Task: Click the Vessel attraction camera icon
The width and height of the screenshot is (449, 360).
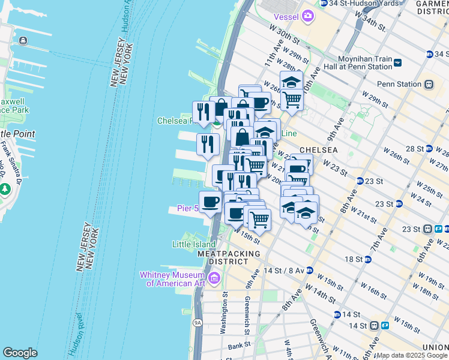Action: pos(308,16)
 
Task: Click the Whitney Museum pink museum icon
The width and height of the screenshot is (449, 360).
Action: pos(214,278)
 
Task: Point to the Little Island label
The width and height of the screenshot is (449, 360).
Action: pos(193,244)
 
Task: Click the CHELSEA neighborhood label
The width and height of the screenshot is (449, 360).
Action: pos(318,149)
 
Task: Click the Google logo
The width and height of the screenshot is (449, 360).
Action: pos(20,353)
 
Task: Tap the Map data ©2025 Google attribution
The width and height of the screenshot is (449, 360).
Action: pos(412,355)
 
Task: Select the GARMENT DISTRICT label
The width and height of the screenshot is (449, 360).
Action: pos(432,7)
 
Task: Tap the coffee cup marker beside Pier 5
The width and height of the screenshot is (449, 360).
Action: pos(210,202)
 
